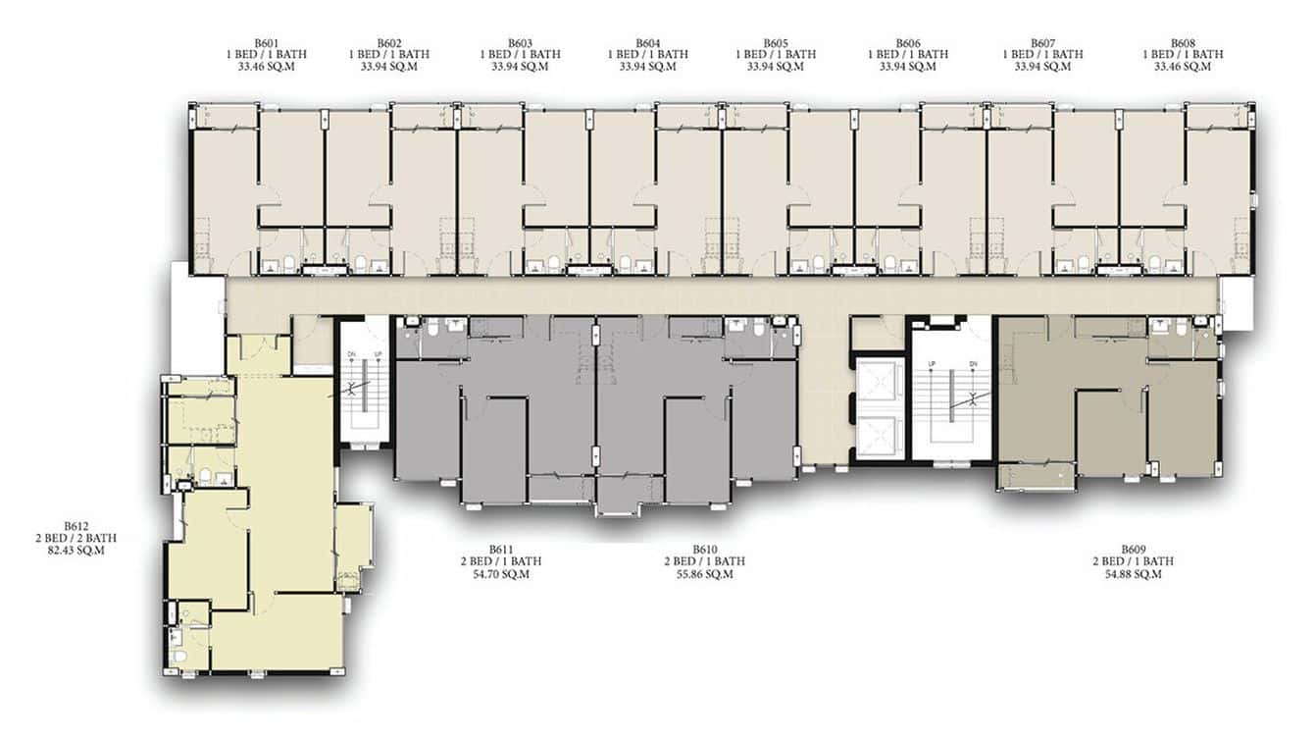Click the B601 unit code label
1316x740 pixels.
(x=267, y=43)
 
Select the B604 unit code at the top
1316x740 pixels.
(x=648, y=43)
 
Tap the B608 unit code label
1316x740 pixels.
(x=1183, y=43)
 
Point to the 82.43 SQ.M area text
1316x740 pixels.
(x=76, y=551)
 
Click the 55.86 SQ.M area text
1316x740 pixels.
(x=705, y=574)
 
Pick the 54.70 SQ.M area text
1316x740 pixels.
(x=501, y=574)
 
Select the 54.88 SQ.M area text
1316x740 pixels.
(x=1134, y=574)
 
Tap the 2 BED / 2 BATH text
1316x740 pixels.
(x=76, y=538)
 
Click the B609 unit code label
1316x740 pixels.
(x=1134, y=550)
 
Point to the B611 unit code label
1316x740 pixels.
(x=501, y=550)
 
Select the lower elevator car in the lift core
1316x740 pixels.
(x=879, y=436)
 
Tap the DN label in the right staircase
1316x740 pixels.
(x=974, y=364)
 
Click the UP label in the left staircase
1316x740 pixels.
(x=379, y=354)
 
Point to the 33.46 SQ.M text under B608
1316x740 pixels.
(x=1183, y=67)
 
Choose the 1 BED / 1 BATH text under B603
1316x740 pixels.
(x=521, y=54)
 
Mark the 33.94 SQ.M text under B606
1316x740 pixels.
(x=908, y=67)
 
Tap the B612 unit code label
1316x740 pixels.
(x=76, y=526)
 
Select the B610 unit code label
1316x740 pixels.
(x=705, y=550)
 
